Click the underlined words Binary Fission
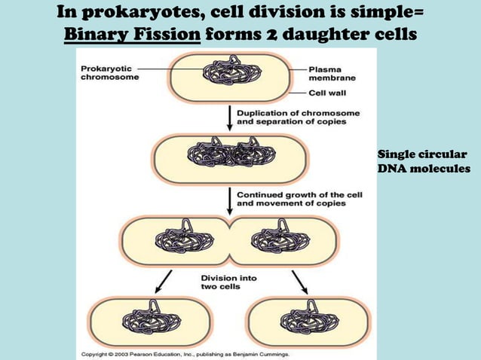[x=132, y=35]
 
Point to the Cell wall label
[x=328, y=94]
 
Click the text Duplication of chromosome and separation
[x=298, y=117]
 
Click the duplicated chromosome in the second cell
[x=229, y=157]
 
